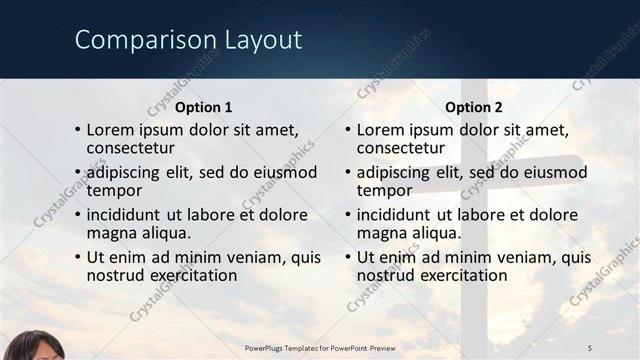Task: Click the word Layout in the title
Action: coord(251,41)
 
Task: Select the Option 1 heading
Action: coord(203,107)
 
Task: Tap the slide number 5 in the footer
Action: coord(589,347)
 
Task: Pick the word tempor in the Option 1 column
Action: coord(113,190)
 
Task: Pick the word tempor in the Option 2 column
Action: coord(383,190)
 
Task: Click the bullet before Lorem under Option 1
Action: coord(78,131)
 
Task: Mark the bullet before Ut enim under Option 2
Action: coord(348,258)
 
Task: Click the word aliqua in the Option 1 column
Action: coord(161,232)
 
